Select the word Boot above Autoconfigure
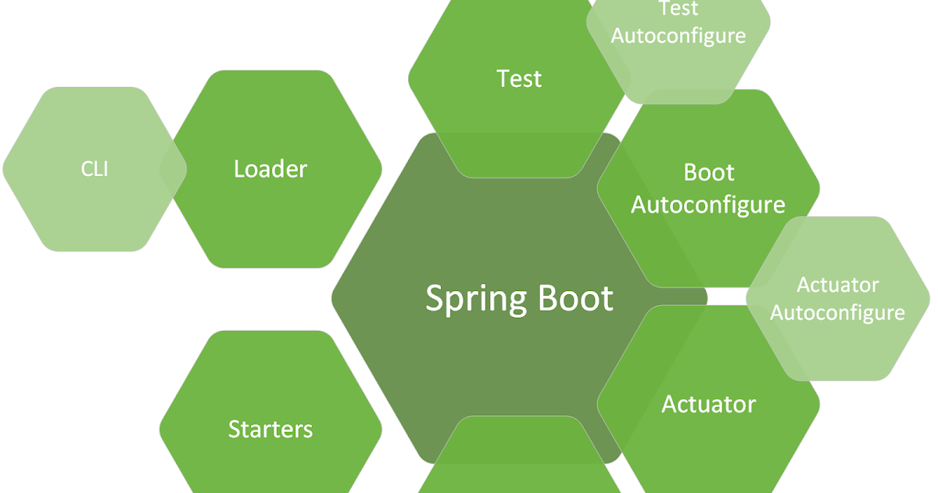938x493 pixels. (709, 172)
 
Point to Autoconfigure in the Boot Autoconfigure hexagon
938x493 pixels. (708, 204)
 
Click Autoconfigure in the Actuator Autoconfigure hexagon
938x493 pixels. (837, 313)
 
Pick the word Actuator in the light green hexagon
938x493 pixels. (837, 285)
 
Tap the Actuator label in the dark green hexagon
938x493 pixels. (708, 405)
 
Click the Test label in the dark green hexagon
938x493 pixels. (519, 79)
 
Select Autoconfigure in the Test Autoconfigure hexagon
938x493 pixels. (678, 36)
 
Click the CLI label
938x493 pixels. (95, 168)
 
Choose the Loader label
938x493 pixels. (270, 169)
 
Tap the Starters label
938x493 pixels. (270, 429)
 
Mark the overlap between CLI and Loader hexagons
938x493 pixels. (174, 169)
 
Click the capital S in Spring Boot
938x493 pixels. (435, 299)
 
